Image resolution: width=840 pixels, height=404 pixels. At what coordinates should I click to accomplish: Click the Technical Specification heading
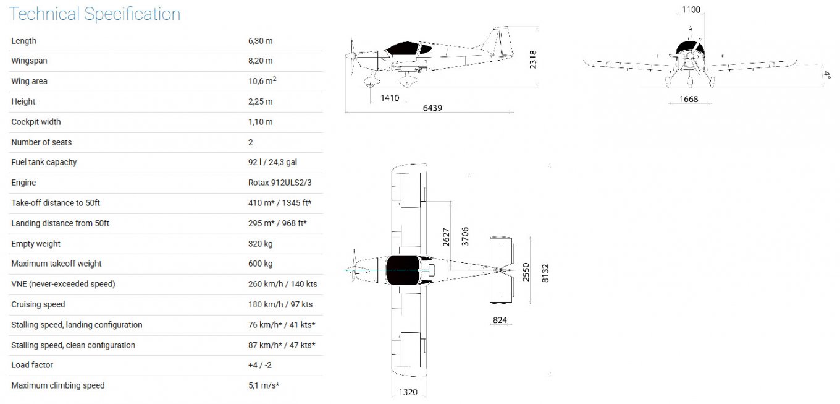click(x=94, y=14)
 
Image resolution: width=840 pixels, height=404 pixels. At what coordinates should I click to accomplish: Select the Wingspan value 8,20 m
click(x=260, y=61)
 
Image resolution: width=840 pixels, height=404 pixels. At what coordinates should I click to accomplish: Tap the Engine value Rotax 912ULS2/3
click(x=280, y=183)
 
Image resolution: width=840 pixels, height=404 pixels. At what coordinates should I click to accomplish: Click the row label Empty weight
click(x=36, y=244)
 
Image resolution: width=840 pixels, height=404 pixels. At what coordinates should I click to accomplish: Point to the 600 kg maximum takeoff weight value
click(x=260, y=264)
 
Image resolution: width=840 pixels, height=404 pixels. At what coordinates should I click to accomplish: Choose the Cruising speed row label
click(x=38, y=304)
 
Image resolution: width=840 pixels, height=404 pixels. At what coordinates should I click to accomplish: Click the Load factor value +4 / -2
click(x=260, y=365)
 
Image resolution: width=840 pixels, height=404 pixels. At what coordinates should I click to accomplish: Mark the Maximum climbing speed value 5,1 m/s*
click(x=264, y=385)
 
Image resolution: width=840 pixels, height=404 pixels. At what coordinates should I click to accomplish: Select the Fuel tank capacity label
click(x=44, y=162)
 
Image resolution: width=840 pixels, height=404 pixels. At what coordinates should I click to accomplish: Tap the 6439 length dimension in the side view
click(x=432, y=108)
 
